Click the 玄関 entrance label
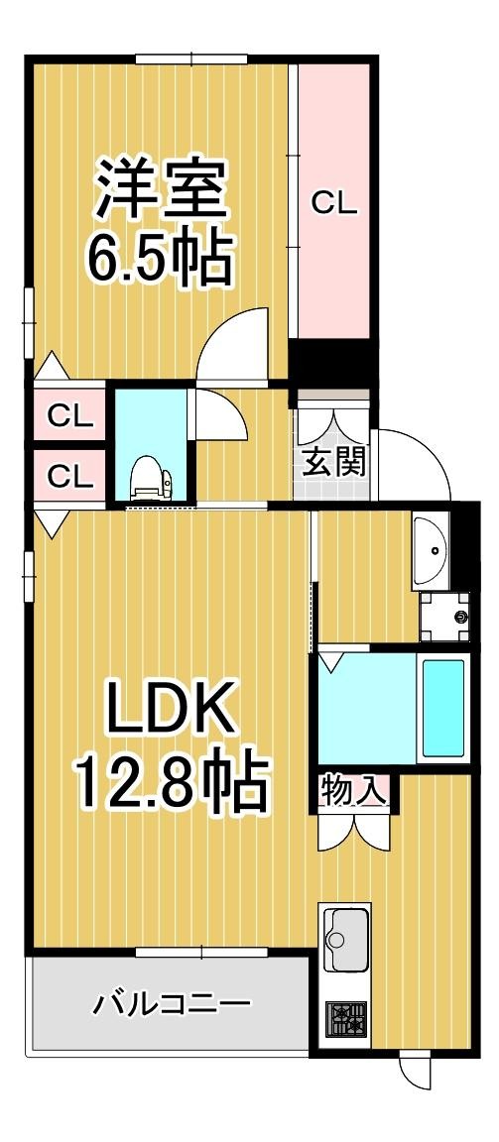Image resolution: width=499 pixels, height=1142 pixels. coord(333,462)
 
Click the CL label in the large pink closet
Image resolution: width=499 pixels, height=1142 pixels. coord(334,202)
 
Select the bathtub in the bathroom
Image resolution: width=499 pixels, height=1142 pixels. coord(442,705)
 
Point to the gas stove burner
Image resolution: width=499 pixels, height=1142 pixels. coord(345,1017)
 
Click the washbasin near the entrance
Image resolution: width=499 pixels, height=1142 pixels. coord(431,553)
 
